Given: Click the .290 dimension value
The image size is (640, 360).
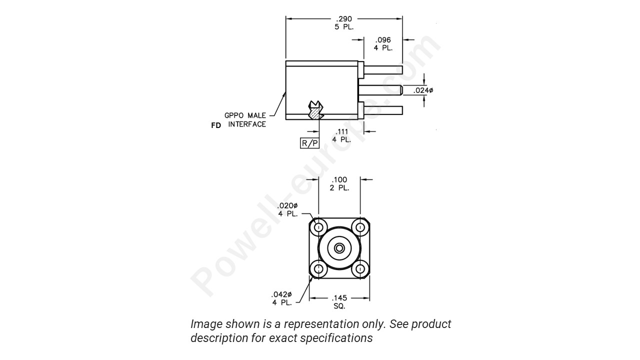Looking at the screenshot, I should pos(344,19).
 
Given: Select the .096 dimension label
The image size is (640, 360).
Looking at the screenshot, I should pos(383,40).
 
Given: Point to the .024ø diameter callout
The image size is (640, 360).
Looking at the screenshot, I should pos(423,90).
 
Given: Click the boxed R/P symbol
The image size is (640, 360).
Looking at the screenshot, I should pos(309,143).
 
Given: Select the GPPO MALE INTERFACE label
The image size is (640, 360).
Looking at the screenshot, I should pos(245,120).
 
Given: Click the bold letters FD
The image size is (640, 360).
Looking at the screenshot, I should pos(216,125).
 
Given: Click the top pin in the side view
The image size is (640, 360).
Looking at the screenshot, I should pos(383,70).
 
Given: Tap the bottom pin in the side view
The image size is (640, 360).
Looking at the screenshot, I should pos(383,110).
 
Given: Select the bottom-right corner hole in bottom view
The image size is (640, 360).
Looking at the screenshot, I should pos(360,269).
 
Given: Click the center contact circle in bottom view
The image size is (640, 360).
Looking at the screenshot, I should pos(339,248).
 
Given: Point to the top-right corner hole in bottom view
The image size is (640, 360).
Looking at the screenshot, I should pos(360,227).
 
